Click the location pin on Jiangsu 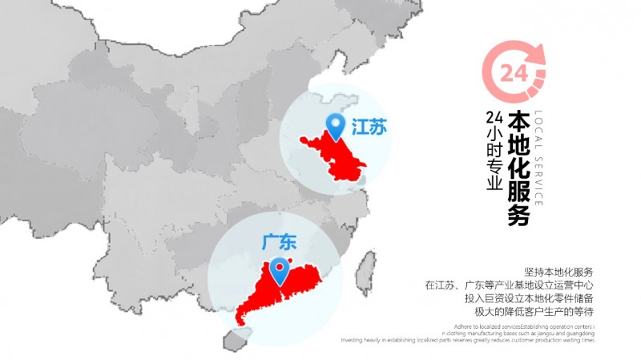coord(335,126)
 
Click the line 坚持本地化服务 coord(558,272)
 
